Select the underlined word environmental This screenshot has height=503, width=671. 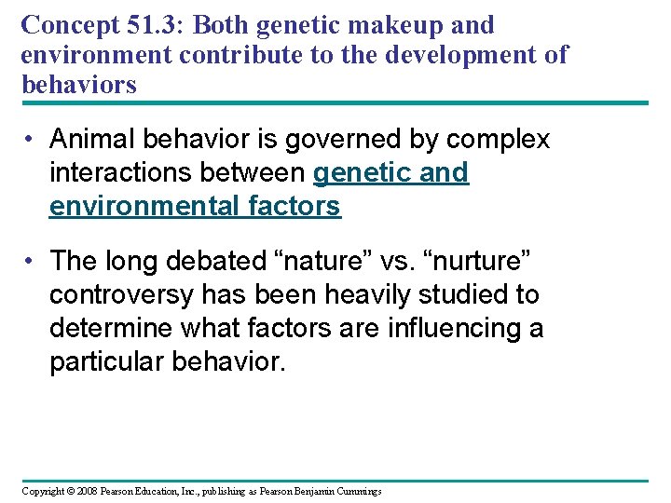coord(142,206)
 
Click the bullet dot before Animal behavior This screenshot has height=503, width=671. coord(31,141)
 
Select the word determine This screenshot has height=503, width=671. coord(115,328)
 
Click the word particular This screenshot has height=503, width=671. coord(106,361)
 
